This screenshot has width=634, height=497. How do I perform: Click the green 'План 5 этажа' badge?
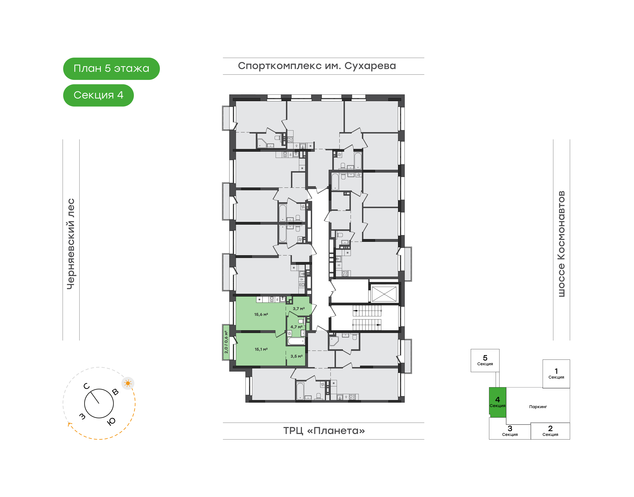[111, 69]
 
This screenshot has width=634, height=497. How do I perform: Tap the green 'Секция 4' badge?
[98, 95]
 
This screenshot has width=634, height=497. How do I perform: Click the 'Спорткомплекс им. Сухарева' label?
[317, 66]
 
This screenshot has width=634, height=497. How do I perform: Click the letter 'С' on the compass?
[87, 386]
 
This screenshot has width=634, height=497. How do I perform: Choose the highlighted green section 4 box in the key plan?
[497, 402]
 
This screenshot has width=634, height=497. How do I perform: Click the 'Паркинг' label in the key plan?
[538, 407]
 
